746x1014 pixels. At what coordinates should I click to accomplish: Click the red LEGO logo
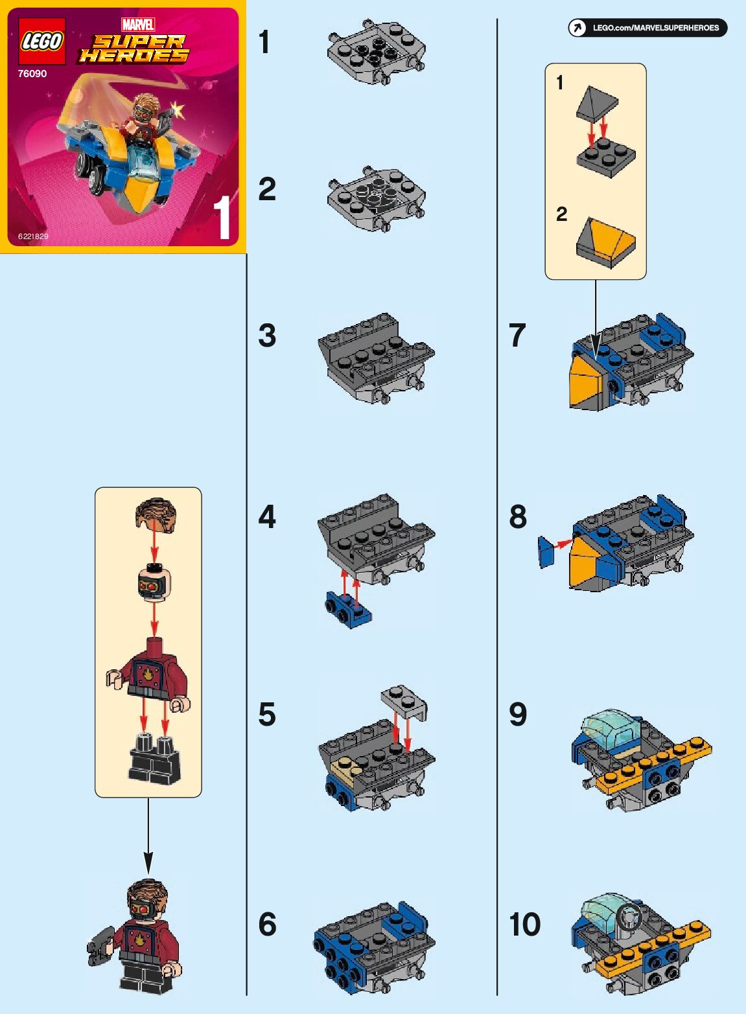(42, 41)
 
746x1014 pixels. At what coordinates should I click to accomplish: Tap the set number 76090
(32, 74)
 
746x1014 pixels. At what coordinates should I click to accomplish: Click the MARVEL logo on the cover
(138, 25)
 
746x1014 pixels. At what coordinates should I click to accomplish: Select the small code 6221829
(33, 236)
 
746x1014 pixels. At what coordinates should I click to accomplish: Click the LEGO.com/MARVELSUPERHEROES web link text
(656, 28)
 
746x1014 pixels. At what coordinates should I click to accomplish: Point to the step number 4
(267, 517)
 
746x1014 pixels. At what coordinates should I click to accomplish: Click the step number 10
(524, 924)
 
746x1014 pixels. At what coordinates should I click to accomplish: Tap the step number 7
(517, 336)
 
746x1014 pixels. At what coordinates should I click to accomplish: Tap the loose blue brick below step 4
(347, 609)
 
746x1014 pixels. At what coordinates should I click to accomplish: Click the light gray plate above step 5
(404, 701)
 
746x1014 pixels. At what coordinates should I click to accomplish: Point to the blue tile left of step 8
(546, 552)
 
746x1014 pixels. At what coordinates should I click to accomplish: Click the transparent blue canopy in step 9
(610, 731)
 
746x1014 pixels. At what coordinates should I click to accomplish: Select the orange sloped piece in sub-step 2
(605, 242)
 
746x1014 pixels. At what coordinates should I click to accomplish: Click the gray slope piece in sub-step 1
(597, 104)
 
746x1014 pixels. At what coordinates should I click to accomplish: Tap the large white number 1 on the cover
(224, 218)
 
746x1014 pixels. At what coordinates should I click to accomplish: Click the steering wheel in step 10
(629, 919)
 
